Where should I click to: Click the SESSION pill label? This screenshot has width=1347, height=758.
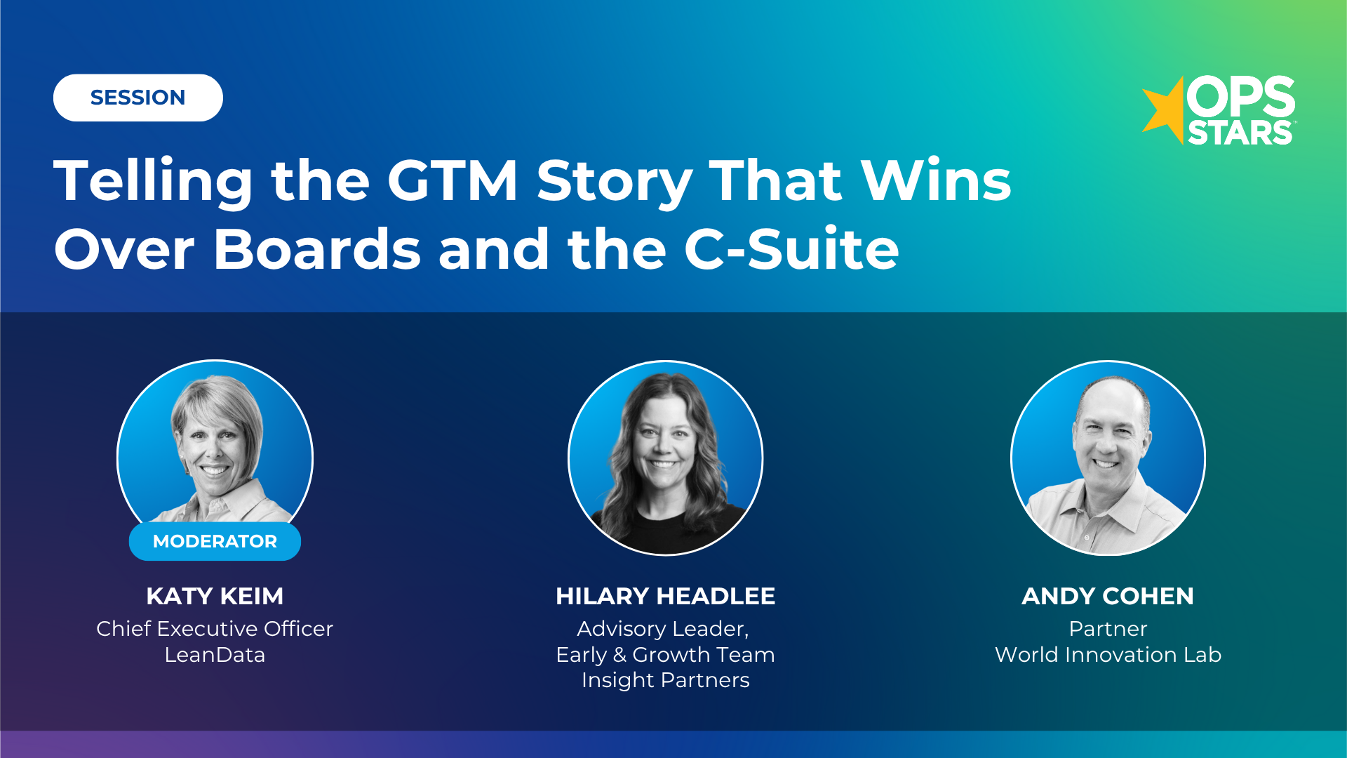[138, 98]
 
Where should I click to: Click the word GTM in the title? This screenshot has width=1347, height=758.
[453, 181]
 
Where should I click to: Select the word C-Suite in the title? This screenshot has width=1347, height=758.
[791, 249]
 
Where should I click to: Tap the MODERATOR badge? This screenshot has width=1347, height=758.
[215, 541]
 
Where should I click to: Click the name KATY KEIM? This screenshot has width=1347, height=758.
[215, 596]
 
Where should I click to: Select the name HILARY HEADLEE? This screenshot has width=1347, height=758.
[665, 596]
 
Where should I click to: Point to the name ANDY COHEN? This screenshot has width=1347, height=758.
[1107, 596]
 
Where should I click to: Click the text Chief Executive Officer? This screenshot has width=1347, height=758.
[215, 628]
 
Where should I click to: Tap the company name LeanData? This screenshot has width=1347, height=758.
[215, 655]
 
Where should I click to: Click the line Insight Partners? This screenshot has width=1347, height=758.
[665, 680]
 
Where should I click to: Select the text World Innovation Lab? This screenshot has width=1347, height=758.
[1108, 655]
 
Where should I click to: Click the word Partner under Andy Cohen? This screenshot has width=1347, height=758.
[1108, 628]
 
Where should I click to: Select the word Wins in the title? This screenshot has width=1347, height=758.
[936, 181]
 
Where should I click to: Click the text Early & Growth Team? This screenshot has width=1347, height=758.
[665, 655]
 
